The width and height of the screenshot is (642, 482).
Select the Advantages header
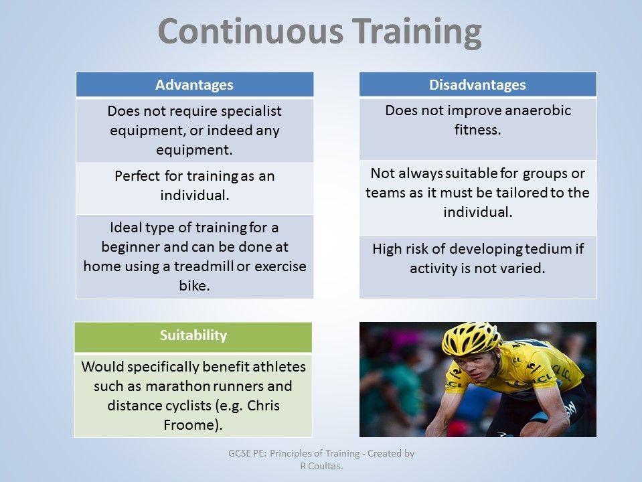194,85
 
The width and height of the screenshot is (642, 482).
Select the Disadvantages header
477,85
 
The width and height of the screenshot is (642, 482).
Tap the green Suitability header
193,335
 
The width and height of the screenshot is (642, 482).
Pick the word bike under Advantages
194,286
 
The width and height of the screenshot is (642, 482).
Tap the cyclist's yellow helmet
471,338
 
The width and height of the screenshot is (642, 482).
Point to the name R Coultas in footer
321,466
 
